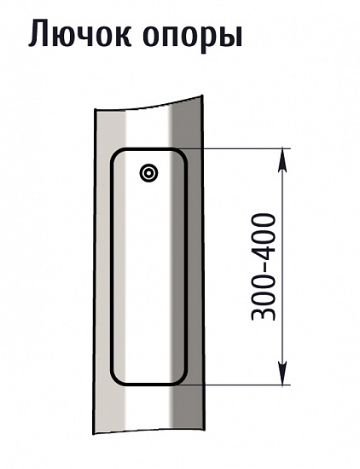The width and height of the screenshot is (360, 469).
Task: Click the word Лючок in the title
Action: (79, 32)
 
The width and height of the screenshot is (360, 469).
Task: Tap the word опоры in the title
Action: (193, 36)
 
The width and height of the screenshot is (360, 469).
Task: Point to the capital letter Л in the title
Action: (39, 33)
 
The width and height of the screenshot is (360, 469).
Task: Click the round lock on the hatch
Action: (148, 172)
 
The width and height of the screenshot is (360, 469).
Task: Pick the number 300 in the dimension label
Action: (264, 296)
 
